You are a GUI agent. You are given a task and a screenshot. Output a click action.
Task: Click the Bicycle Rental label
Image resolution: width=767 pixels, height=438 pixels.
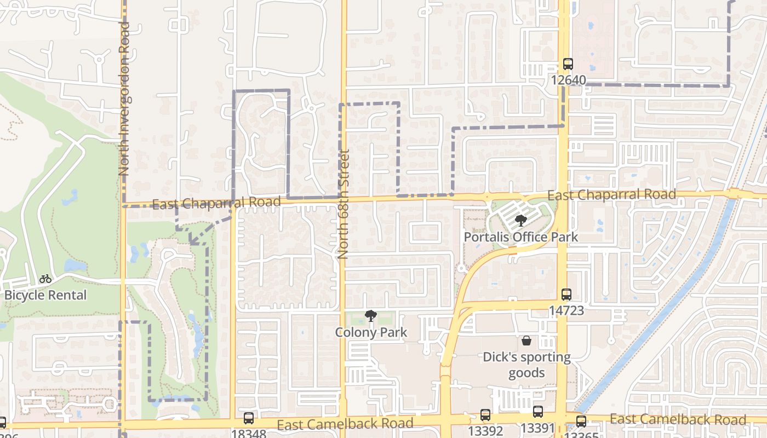point(45,295)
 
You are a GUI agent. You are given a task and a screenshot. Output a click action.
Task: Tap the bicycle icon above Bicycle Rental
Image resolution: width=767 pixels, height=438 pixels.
point(45,279)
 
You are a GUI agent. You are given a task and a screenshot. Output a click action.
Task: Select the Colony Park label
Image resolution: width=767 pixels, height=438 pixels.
point(371,332)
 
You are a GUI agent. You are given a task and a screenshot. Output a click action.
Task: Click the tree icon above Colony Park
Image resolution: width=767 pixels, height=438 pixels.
point(371,316)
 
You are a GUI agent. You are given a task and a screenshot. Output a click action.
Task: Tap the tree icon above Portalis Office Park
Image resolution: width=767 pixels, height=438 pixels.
point(520,221)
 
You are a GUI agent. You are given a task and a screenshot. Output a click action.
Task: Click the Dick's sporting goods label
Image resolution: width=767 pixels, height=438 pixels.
point(526,365)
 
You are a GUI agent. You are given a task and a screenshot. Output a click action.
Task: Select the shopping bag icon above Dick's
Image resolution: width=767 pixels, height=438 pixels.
point(526,341)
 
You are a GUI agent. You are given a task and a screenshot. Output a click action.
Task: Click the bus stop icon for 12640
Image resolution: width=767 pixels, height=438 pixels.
point(568,64)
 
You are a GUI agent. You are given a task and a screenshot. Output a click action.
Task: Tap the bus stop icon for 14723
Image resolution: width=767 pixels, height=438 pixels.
point(566,295)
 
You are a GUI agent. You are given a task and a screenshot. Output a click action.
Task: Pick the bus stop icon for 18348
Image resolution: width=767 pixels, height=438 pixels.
point(249,418)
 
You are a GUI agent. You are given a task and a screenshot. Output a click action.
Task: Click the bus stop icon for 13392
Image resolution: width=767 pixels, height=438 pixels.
point(485,415)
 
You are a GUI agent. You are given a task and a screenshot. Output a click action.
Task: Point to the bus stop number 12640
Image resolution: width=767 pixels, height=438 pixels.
point(568,80)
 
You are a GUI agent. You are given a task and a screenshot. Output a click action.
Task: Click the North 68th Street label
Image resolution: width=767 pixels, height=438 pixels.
point(344,204)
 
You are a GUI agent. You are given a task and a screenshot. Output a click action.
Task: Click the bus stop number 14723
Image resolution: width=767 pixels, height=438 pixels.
point(566,310)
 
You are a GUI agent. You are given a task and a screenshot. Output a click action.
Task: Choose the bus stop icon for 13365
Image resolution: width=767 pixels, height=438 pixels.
point(581,422)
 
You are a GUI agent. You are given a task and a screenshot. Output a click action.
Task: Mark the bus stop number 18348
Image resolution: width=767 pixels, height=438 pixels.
point(249,434)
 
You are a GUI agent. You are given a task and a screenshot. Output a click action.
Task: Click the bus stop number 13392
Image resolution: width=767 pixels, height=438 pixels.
point(485,430)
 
